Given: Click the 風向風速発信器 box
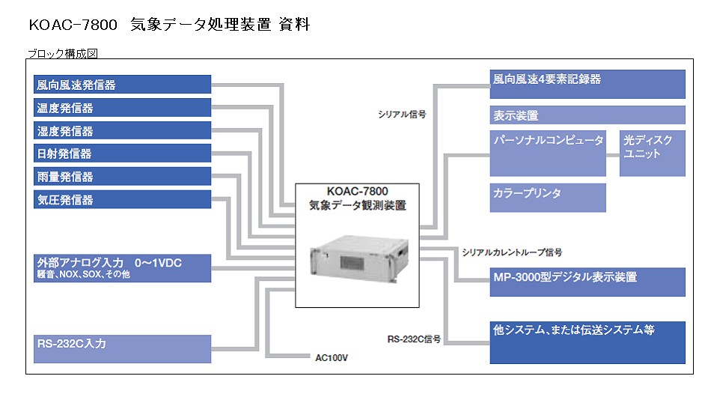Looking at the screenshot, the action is (122, 84).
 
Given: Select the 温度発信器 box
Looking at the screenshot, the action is (122, 108).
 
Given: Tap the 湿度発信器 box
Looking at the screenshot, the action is (122, 130).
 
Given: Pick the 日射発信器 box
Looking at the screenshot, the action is (122, 153).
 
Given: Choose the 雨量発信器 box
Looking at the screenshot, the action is (122, 176).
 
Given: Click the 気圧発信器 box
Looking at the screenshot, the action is (122, 199).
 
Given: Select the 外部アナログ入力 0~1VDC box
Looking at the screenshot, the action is (122, 268).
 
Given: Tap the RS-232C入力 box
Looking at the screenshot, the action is (122, 349).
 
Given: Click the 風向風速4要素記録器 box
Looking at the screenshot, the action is (588, 84).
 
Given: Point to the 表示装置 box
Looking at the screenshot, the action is (588, 115).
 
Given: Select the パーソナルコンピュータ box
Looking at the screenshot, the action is (548, 154).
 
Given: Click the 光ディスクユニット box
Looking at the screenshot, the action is (653, 154).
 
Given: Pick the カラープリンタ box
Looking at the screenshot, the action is (548, 198).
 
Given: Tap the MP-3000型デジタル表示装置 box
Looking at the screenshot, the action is (588, 282).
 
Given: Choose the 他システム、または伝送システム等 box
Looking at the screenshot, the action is (588, 343).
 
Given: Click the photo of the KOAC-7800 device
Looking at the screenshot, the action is (359, 258).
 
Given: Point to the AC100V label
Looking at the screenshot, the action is (332, 358).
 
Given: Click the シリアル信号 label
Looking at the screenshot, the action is (402, 115).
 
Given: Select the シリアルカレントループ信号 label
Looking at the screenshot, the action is (512, 252).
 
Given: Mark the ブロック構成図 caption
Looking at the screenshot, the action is (63, 54).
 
